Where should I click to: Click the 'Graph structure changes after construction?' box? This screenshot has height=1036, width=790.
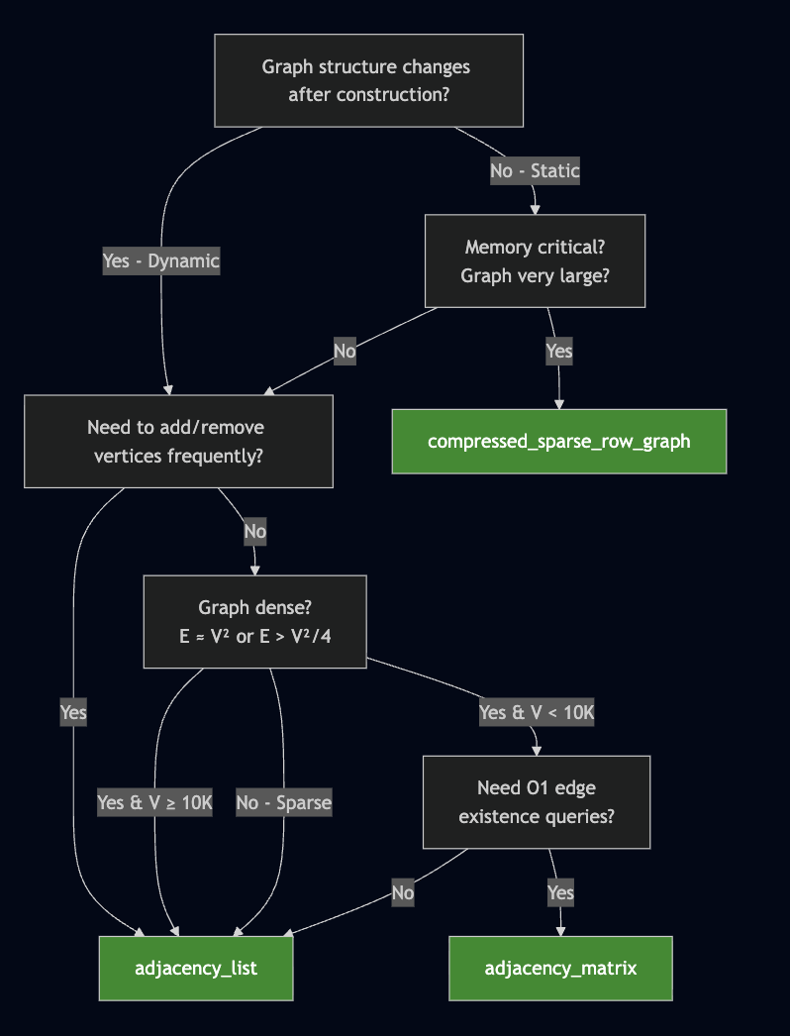[x=368, y=80]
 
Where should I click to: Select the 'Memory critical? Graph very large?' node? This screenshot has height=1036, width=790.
[x=535, y=260]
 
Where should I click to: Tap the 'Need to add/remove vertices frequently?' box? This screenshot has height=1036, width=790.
[x=178, y=441]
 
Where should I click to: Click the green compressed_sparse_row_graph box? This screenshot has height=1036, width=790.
[x=558, y=441]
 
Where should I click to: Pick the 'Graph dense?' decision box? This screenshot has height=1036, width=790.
[x=254, y=621]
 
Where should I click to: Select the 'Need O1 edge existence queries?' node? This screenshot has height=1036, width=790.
[x=536, y=801]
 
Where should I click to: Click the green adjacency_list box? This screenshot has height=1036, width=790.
[x=196, y=968]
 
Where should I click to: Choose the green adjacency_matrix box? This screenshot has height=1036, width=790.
[x=560, y=968]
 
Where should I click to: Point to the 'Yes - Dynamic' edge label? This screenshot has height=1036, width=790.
[x=160, y=261]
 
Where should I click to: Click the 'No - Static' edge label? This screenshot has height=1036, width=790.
[x=535, y=170]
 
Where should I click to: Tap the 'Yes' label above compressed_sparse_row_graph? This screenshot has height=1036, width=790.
[x=558, y=351]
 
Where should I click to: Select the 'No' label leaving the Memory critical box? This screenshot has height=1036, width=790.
[x=345, y=351]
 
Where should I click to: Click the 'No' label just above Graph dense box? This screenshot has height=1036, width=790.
[x=254, y=531]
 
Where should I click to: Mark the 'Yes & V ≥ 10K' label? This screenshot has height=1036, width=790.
[x=154, y=802]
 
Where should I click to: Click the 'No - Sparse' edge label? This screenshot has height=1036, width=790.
[x=283, y=802]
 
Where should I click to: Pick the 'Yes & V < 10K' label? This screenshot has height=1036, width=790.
[x=536, y=712]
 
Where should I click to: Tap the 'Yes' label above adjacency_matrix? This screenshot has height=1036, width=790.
[x=560, y=892]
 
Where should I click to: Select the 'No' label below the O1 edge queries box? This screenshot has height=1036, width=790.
[x=402, y=892]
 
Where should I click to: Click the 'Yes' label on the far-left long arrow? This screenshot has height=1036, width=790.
[x=73, y=712]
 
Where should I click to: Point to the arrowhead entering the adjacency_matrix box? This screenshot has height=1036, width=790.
[x=560, y=930]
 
